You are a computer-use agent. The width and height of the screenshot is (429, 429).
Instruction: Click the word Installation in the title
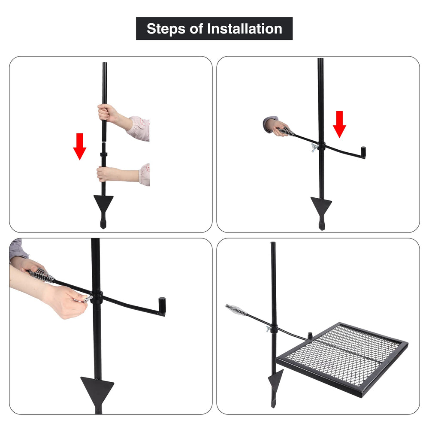245,29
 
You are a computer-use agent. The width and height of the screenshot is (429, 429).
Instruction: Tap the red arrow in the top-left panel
80,146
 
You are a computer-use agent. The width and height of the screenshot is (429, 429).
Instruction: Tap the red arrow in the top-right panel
339,124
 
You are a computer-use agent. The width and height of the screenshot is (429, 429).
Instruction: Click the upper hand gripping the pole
107,113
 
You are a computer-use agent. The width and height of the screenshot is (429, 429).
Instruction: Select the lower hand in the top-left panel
106,174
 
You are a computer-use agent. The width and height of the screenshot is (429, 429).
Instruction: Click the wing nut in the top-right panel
314,148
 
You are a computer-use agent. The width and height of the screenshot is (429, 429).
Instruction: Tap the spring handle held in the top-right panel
287,131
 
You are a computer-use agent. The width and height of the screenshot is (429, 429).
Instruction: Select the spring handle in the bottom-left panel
41,275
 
